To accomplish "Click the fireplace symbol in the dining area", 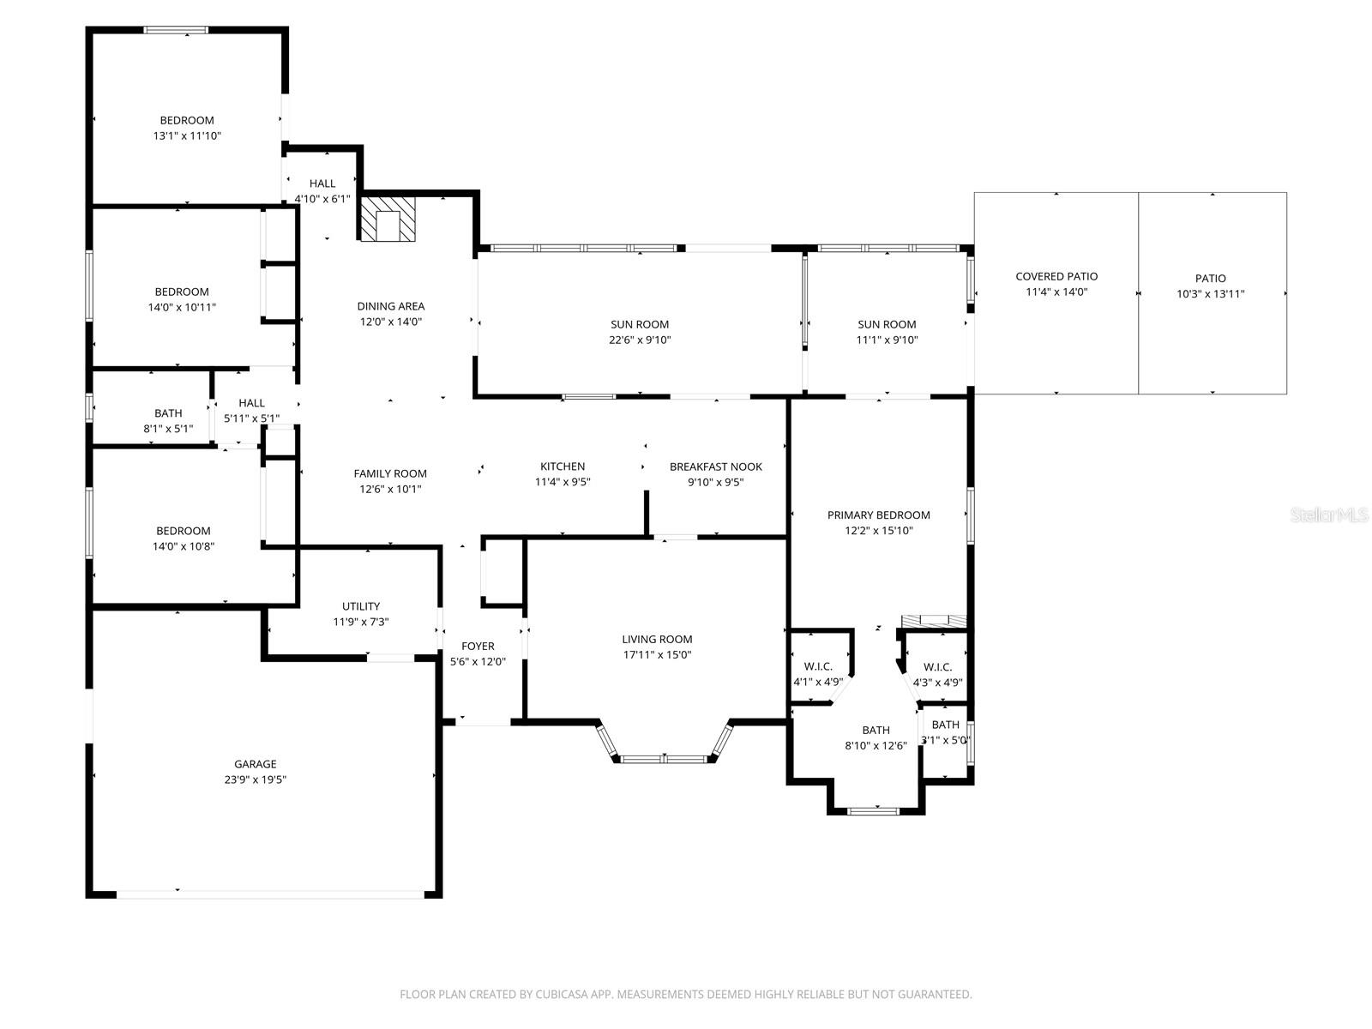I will [x=388, y=220].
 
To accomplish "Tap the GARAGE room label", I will [x=256, y=764].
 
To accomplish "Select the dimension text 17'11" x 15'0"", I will [x=657, y=655].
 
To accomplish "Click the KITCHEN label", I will [x=563, y=466].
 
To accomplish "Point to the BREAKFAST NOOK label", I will [x=716, y=466].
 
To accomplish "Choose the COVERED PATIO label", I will [x=1056, y=276].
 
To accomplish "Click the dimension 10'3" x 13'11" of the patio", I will [x=1210, y=294].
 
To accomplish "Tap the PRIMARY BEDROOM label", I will [x=878, y=514].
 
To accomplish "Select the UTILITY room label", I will [x=361, y=606].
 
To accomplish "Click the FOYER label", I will [x=478, y=647].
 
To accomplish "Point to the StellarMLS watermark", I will [x=1329, y=514].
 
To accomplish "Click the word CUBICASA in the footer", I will [x=562, y=995].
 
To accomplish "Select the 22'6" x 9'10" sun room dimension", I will [x=640, y=340].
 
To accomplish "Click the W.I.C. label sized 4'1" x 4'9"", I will [x=818, y=666].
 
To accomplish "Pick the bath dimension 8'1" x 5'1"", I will [x=168, y=429].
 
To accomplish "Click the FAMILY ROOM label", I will [x=390, y=473].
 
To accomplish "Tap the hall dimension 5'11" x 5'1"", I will [x=251, y=418].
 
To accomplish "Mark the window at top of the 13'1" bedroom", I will [x=176, y=30].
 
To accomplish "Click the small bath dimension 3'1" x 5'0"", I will [x=946, y=740].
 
